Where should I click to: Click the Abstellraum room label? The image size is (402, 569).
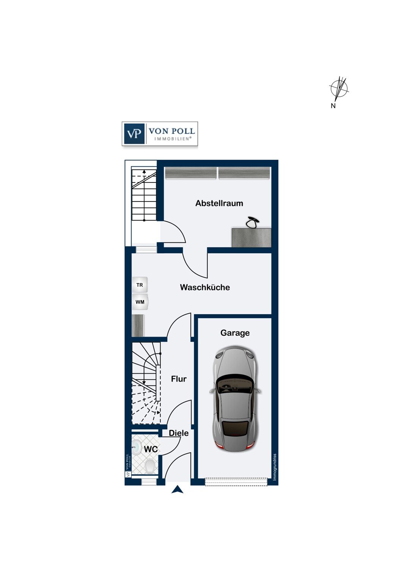[x=219, y=203]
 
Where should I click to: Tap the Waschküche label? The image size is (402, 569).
[x=205, y=287]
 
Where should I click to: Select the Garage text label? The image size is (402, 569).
[x=235, y=333]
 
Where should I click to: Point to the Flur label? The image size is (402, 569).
[x=179, y=379]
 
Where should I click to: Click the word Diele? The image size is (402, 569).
[x=179, y=433]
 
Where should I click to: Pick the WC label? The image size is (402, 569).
[x=151, y=449]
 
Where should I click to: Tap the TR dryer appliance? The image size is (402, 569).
[x=140, y=285]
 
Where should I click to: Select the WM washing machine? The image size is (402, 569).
[x=140, y=302]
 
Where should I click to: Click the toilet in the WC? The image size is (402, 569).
[x=149, y=466]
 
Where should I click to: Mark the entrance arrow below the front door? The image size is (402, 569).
[x=177, y=490]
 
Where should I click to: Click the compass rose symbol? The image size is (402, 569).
[x=339, y=89]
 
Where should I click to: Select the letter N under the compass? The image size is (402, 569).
[x=333, y=106]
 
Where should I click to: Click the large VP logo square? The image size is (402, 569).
[x=134, y=134]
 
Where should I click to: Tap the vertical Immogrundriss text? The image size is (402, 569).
[x=275, y=467]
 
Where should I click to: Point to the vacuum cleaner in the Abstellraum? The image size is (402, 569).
[x=253, y=223]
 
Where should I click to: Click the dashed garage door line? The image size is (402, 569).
[x=236, y=482]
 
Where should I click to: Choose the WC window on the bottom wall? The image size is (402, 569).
[x=149, y=482]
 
